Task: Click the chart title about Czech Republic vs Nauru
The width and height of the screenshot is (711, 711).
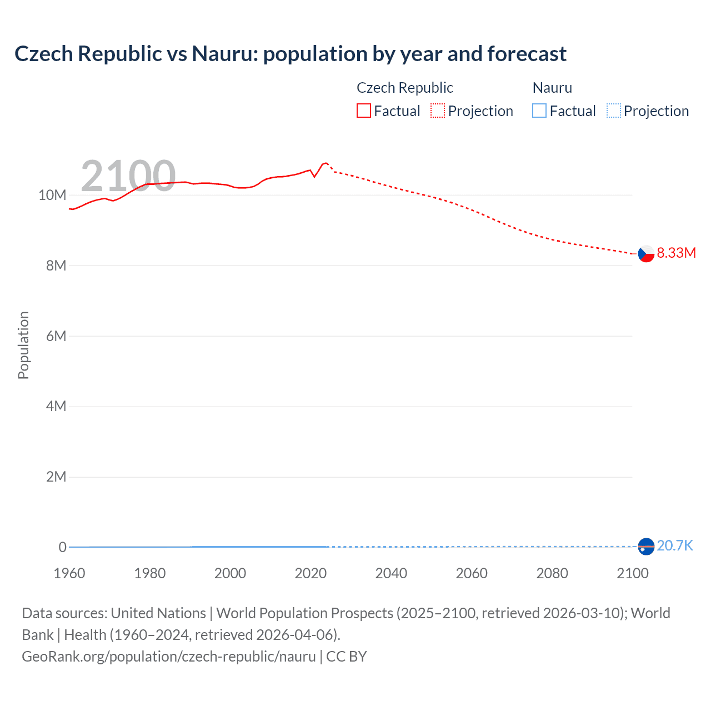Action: [x=290, y=54]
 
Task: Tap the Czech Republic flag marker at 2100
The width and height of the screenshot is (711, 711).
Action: [x=646, y=253]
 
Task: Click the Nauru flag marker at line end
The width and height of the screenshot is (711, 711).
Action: [x=646, y=547]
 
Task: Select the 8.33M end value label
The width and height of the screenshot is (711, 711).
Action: [x=676, y=253]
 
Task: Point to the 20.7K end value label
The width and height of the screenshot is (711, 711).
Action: [x=674, y=546]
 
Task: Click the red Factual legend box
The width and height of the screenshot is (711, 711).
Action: [x=364, y=111]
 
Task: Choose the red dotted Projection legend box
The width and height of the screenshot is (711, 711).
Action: [x=438, y=111]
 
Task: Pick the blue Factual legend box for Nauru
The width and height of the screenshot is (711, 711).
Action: [x=539, y=111]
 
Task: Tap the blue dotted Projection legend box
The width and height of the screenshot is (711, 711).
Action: [x=614, y=111]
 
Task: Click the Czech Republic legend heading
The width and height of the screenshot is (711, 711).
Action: [x=404, y=88]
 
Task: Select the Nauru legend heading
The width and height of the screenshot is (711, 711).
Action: [x=552, y=88]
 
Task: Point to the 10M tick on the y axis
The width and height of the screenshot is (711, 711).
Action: [x=52, y=195]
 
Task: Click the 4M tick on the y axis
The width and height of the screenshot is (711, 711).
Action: [x=56, y=406]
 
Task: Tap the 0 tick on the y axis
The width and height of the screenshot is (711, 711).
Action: [x=62, y=547]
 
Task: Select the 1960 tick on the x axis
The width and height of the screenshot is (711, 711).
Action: [x=69, y=573]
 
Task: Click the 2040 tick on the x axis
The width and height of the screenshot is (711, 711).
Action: [x=391, y=573]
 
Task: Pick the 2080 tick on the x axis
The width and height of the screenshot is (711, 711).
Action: [x=552, y=573]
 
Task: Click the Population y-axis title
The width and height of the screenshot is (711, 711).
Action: [x=23, y=345]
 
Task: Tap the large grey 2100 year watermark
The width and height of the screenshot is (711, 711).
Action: [x=128, y=176]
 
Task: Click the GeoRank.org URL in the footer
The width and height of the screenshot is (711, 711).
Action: [x=169, y=657]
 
